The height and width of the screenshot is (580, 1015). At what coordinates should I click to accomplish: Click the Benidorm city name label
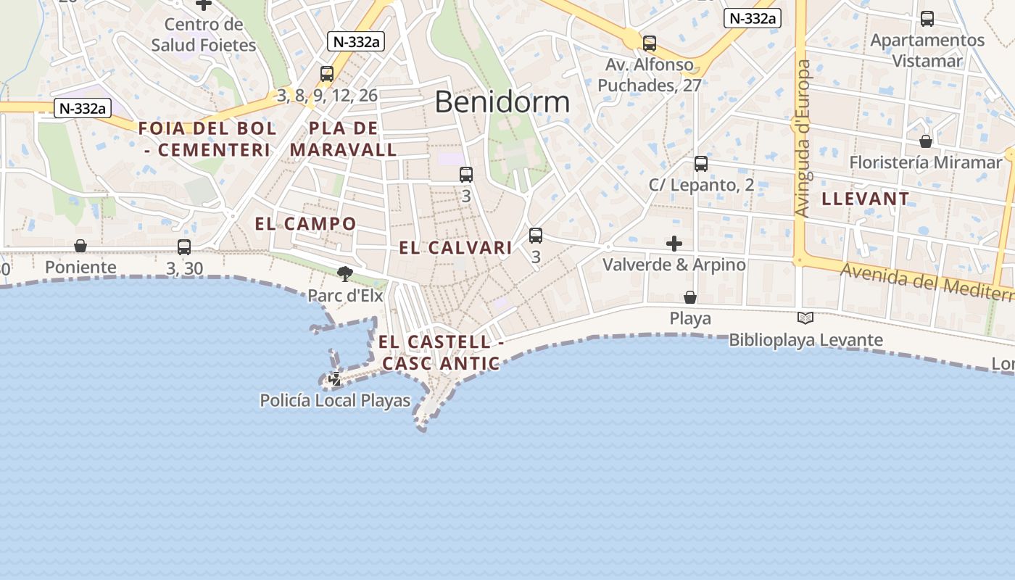pyautogui.click(x=502, y=102)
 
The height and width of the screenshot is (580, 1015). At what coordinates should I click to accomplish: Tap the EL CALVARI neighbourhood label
pyautogui.click(x=455, y=248)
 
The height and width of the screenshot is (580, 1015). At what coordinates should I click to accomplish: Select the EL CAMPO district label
pyautogui.click(x=305, y=223)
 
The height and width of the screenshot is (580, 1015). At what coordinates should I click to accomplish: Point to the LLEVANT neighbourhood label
pyautogui.click(x=866, y=199)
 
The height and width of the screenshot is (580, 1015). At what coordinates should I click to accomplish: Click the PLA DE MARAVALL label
pyautogui.click(x=344, y=139)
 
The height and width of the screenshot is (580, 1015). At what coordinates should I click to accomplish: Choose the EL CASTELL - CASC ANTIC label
pyautogui.click(x=441, y=352)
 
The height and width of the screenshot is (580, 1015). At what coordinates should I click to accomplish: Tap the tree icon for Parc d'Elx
pyautogui.click(x=345, y=274)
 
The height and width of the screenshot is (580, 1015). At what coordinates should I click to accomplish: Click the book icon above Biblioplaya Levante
pyautogui.click(x=805, y=318)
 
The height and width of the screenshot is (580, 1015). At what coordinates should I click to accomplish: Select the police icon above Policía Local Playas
pyautogui.click(x=335, y=378)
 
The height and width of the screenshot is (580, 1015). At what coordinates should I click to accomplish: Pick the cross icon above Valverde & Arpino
pyautogui.click(x=674, y=243)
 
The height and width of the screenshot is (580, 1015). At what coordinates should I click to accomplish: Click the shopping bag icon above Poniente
pyautogui.click(x=80, y=246)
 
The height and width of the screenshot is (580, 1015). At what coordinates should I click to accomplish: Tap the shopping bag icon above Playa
pyautogui.click(x=690, y=297)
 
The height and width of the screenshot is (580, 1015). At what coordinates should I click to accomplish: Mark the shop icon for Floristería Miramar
pyautogui.click(x=926, y=141)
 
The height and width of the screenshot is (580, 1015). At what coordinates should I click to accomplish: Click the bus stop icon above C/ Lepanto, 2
pyautogui.click(x=701, y=164)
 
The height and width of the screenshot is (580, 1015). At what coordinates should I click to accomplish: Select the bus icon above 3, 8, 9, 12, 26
pyautogui.click(x=327, y=73)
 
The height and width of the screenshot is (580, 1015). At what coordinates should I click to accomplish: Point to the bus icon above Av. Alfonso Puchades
pyautogui.click(x=650, y=43)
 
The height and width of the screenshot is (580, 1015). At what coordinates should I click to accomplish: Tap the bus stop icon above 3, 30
pyautogui.click(x=184, y=247)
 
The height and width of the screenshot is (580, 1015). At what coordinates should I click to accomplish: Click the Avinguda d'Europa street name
pyautogui.click(x=803, y=138)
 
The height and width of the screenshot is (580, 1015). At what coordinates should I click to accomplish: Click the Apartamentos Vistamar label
pyautogui.click(x=927, y=50)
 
